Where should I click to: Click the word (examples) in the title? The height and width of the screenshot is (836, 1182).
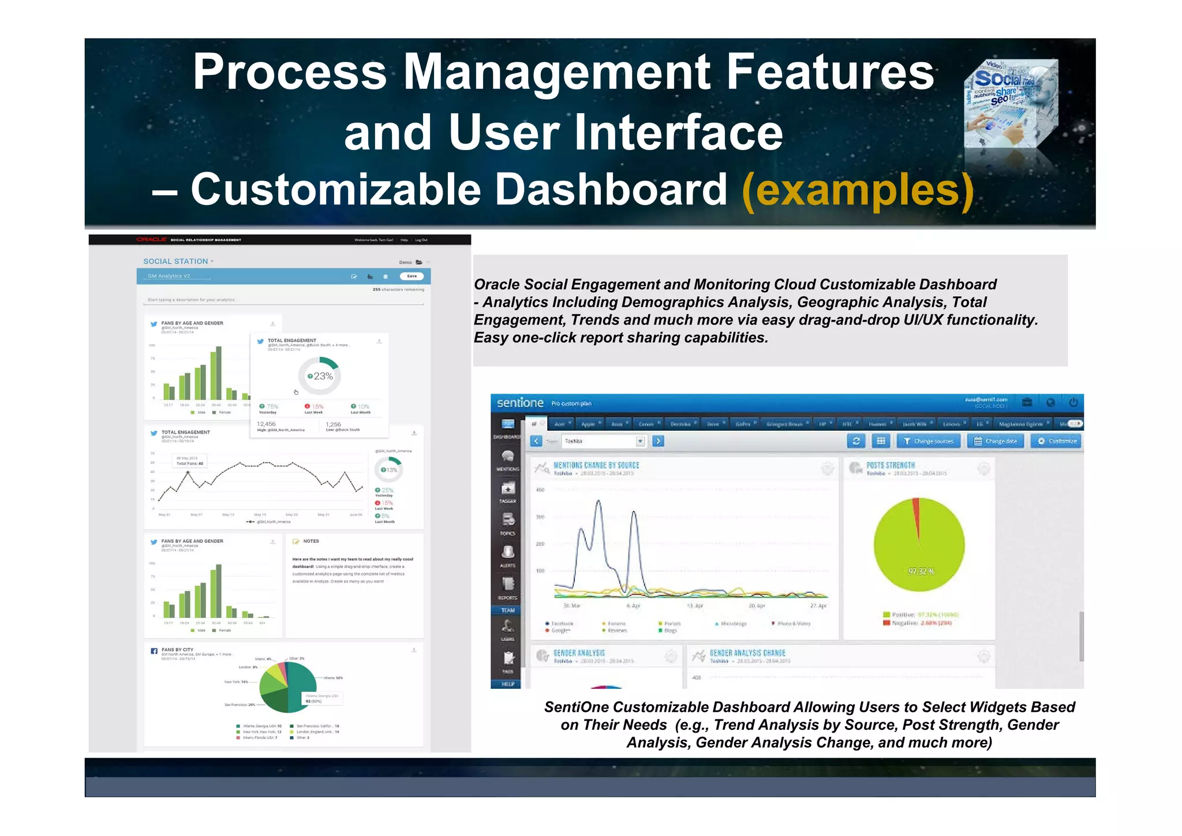858,191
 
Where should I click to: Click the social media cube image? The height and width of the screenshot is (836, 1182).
1011,104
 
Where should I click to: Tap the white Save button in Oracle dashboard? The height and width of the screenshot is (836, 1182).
412,276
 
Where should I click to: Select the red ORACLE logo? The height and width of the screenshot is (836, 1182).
151,240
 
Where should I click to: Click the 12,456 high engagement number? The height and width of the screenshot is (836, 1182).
266,424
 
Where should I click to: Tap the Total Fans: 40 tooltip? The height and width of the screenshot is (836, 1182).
189,461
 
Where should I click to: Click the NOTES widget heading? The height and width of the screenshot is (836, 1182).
311,542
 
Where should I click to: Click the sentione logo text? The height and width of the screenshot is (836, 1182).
520,402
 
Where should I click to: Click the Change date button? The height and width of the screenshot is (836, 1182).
996,441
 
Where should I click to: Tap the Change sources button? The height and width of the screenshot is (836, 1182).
929,441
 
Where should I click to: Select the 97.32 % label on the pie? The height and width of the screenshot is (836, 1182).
921,571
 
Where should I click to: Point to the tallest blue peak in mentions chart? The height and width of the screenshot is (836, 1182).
599,502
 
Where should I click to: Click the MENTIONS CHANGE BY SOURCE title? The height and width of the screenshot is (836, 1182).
596,465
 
